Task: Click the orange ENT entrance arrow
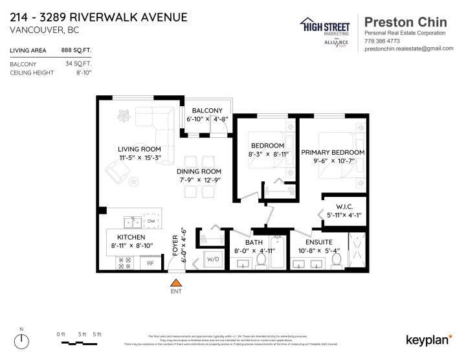pyautogui.click(x=175, y=282)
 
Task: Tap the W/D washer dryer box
pyautogui.click(x=213, y=260)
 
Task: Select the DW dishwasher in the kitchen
pyautogui.click(x=150, y=221)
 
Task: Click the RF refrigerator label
pyautogui.click(x=150, y=263)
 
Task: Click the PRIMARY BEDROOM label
pyautogui.click(x=333, y=152)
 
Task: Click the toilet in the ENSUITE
pyautogui.click(x=335, y=260)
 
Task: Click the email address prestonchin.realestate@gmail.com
pyautogui.click(x=408, y=49)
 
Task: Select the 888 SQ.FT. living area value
pyautogui.click(x=76, y=50)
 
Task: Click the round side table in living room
pyautogui.click(x=134, y=182)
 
